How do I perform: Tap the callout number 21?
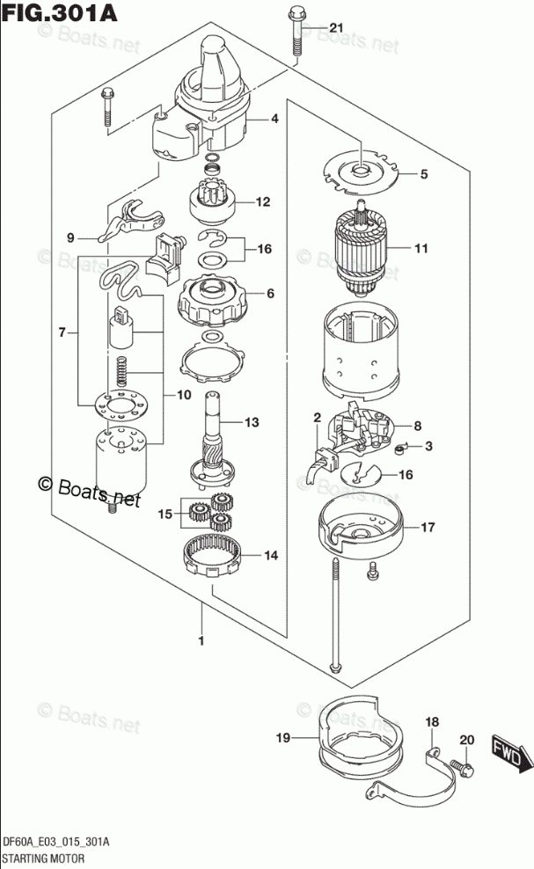[334, 31]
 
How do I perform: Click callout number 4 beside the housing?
[274, 119]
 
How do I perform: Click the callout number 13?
[252, 423]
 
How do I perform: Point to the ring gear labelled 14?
[212, 556]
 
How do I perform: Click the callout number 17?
[428, 529]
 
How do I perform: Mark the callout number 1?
[201, 641]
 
